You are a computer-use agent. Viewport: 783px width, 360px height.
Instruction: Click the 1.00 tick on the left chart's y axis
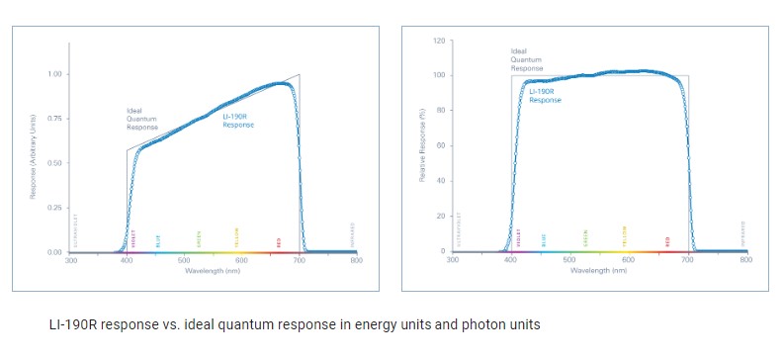pos(54,74)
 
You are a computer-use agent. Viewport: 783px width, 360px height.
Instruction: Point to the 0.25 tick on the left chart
pos(54,208)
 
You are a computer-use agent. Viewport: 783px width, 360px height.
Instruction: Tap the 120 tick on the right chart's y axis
pos(436,41)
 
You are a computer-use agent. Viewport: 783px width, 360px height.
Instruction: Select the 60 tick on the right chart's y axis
pos(438,145)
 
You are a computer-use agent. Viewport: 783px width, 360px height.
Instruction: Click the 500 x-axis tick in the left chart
pos(184,260)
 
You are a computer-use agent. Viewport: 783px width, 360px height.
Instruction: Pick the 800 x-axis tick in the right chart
pos(745,260)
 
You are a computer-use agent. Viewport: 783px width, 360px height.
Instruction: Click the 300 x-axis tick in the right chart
pos(453,260)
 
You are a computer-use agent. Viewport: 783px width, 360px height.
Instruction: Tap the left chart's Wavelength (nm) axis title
pos(213,269)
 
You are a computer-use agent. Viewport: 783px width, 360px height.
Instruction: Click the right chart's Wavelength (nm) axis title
pos(598,269)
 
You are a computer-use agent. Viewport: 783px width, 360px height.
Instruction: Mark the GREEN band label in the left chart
pos(198,238)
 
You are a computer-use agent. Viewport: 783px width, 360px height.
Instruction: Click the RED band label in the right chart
pos(668,240)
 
